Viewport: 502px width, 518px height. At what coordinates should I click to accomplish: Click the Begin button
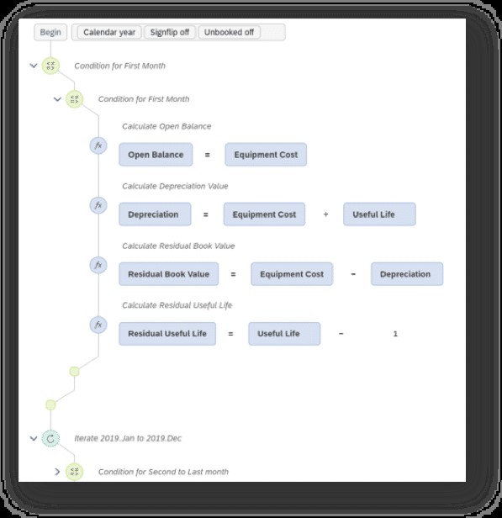(x=50, y=32)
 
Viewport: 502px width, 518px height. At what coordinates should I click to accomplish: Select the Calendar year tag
(x=109, y=32)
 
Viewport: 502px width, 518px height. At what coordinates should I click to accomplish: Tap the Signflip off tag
(x=170, y=32)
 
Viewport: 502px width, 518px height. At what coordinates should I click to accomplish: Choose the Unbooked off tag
(x=229, y=32)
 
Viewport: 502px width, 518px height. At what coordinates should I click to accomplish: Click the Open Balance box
(x=156, y=155)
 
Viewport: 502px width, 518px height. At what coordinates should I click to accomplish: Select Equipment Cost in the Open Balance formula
(x=266, y=155)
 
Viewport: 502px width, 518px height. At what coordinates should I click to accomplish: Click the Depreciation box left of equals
(x=155, y=214)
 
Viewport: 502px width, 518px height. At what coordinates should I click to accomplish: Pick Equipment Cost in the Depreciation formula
(x=264, y=214)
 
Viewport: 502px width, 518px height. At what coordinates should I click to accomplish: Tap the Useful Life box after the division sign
(x=379, y=214)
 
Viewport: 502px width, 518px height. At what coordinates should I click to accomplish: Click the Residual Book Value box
(x=169, y=274)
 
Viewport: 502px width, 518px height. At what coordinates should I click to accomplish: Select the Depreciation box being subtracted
(x=407, y=274)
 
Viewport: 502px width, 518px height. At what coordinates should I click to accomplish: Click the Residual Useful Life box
(x=167, y=334)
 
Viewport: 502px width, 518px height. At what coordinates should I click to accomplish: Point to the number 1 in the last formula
(x=395, y=334)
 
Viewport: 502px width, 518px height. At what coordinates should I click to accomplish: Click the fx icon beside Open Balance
(x=98, y=145)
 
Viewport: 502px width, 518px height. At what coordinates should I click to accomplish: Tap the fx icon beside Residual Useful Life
(x=98, y=325)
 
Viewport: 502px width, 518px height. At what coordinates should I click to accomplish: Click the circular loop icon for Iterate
(x=50, y=439)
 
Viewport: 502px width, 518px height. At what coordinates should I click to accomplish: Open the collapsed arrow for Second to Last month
(x=57, y=472)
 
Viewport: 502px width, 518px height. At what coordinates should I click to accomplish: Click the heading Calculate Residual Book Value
(x=178, y=246)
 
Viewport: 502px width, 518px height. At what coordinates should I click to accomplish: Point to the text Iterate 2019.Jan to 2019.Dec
(x=128, y=438)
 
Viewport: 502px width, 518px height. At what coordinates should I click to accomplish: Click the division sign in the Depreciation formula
(x=325, y=214)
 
